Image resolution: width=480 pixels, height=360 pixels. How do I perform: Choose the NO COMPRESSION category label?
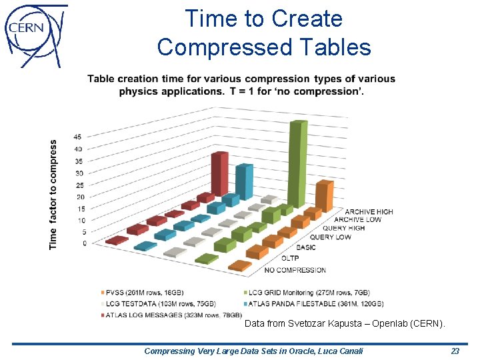pos(295,270)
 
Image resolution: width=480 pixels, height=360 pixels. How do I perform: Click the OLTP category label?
pos(290,257)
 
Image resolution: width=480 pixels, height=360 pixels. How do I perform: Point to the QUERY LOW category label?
pos(330,237)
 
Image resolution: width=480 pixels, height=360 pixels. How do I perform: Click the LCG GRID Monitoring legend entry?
pos(308,293)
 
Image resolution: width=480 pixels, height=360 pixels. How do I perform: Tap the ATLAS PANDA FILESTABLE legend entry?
pos(315,303)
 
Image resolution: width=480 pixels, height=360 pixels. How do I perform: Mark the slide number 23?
pos(455,351)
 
